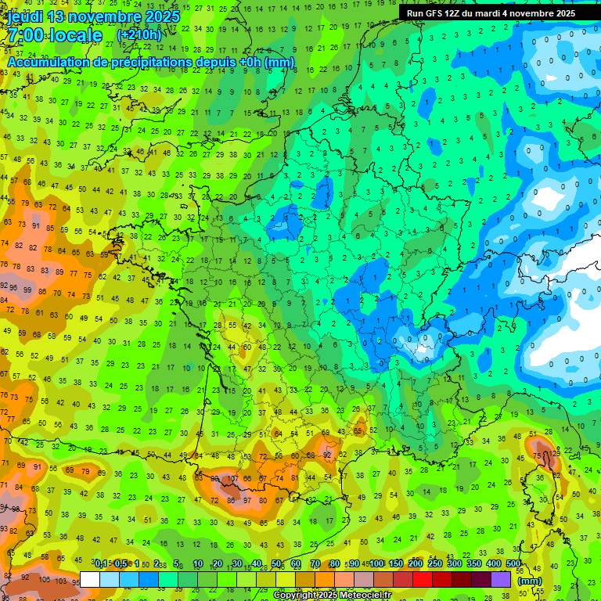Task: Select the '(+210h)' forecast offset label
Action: (139, 35)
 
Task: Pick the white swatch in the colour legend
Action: (90, 580)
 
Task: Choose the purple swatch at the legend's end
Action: (501, 580)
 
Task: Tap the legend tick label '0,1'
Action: (101, 564)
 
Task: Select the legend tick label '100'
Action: (376, 564)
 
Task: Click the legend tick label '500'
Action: (513, 564)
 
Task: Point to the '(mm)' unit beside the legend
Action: (530, 581)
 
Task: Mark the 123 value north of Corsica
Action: (556, 452)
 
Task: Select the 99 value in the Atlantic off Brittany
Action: (30, 290)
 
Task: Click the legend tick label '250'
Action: (435, 564)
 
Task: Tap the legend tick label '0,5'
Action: (120, 564)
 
